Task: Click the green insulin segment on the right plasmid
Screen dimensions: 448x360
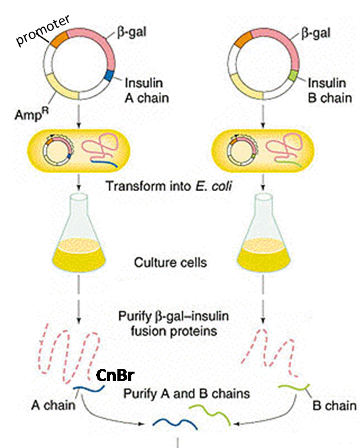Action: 292,76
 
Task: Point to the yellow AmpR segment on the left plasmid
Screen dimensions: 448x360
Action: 58,88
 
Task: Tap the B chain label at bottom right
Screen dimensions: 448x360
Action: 333,406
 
